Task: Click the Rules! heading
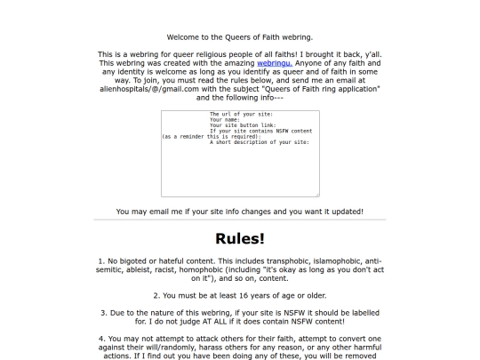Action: tap(239, 238)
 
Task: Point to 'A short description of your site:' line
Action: tap(260, 142)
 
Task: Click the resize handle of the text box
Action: tap(316, 194)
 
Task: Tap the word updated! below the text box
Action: tap(343, 212)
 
